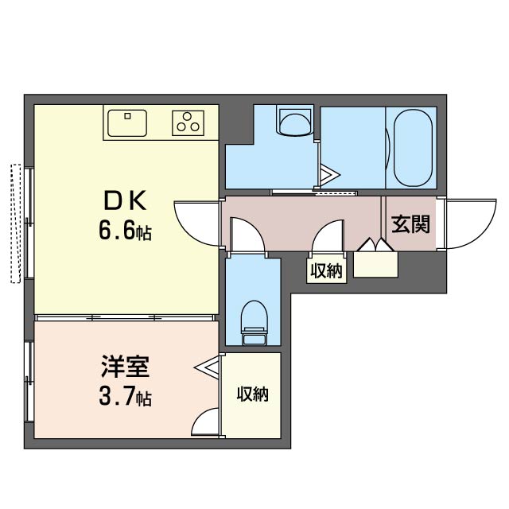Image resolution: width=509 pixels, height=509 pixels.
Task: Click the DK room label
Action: click(125, 198)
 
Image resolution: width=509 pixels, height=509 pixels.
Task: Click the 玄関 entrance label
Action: click(411, 225)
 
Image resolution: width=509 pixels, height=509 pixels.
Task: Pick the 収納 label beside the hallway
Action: click(325, 271)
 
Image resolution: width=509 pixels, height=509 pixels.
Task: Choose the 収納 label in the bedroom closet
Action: click(251, 394)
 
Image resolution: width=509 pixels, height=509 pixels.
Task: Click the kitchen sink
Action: click(126, 123)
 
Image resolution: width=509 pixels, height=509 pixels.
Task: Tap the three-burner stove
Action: click(189, 122)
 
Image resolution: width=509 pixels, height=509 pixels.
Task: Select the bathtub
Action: click(410, 146)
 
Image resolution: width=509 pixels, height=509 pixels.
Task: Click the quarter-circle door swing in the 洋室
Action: click(207, 422)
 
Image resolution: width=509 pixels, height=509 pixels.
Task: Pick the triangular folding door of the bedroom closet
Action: click(209, 367)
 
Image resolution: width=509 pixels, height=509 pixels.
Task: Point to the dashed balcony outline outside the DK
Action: click(14, 223)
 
